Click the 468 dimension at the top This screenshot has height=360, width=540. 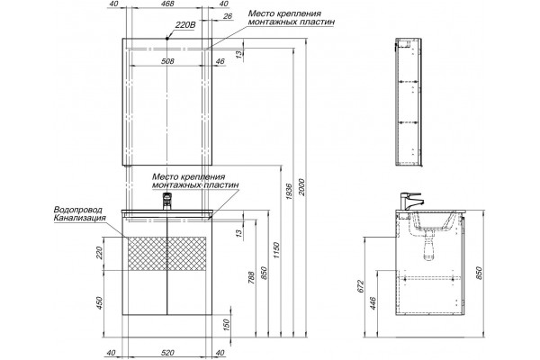pyautogui.click(x=167, y=4)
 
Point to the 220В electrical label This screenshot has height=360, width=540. pyautogui.click(x=185, y=25)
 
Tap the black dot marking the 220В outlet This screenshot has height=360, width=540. pyautogui.click(x=167, y=38)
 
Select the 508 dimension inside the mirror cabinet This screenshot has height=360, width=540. pyautogui.click(x=167, y=61)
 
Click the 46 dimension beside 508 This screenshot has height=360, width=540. pyautogui.click(x=220, y=61)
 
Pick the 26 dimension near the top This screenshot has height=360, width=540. pyautogui.click(x=228, y=16)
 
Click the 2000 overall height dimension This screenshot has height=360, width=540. pyautogui.click(x=301, y=187)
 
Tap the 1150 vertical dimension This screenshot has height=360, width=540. pyautogui.click(x=277, y=250)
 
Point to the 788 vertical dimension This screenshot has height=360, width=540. pyautogui.click(x=251, y=277)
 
